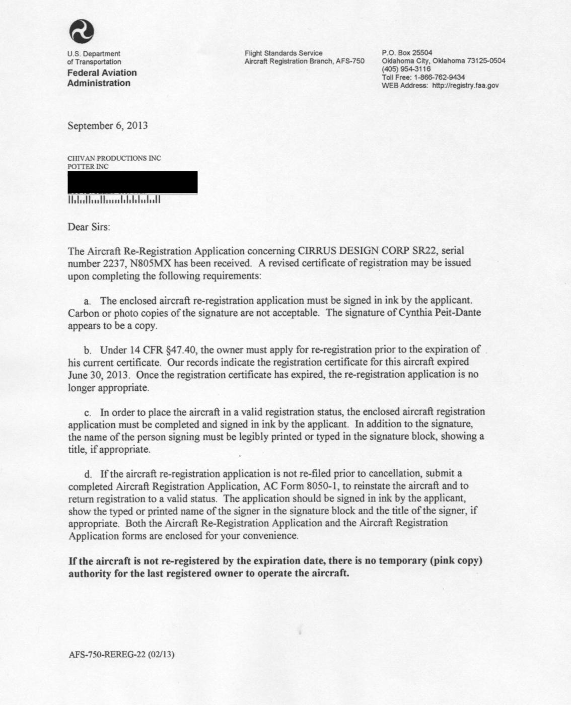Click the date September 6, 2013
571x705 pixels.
[x=108, y=125]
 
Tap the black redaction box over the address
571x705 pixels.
[x=132, y=182]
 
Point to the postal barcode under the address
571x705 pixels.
[x=114, y=200]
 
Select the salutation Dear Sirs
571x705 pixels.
[x=89, y=227]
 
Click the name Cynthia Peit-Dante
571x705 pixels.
[x=440, y=313]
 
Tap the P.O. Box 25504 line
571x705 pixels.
[x=407, y=53]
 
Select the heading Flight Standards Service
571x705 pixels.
[x=283, y=53]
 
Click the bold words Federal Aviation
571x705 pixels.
[x=102, y=73]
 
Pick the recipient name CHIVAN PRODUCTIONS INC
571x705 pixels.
[x=114, y=158]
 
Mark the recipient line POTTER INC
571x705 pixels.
[x=88, y=166]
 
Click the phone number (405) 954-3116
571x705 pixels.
[x=406, y=69]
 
